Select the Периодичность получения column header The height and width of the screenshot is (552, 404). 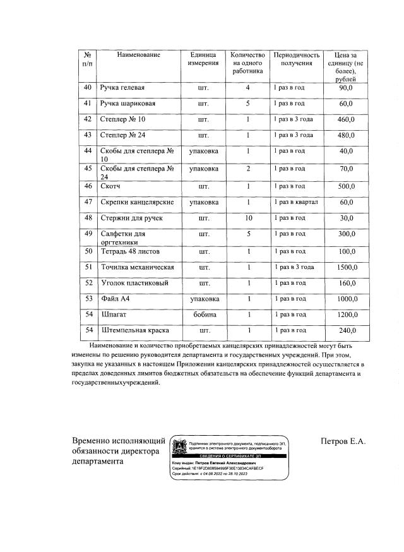click(x=296, y=59)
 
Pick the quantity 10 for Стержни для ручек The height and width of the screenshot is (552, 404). click(x=248, y=218)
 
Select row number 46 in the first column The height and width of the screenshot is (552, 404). click(x=88, y=186)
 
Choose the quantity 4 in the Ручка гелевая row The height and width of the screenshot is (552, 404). click(x=248, y=87)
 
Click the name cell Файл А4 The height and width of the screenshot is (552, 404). click(x=116, y=298)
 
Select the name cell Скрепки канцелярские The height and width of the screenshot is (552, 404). click(x=137, y=201)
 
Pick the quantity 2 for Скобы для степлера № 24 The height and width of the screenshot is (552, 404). click(x=248, y=169)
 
